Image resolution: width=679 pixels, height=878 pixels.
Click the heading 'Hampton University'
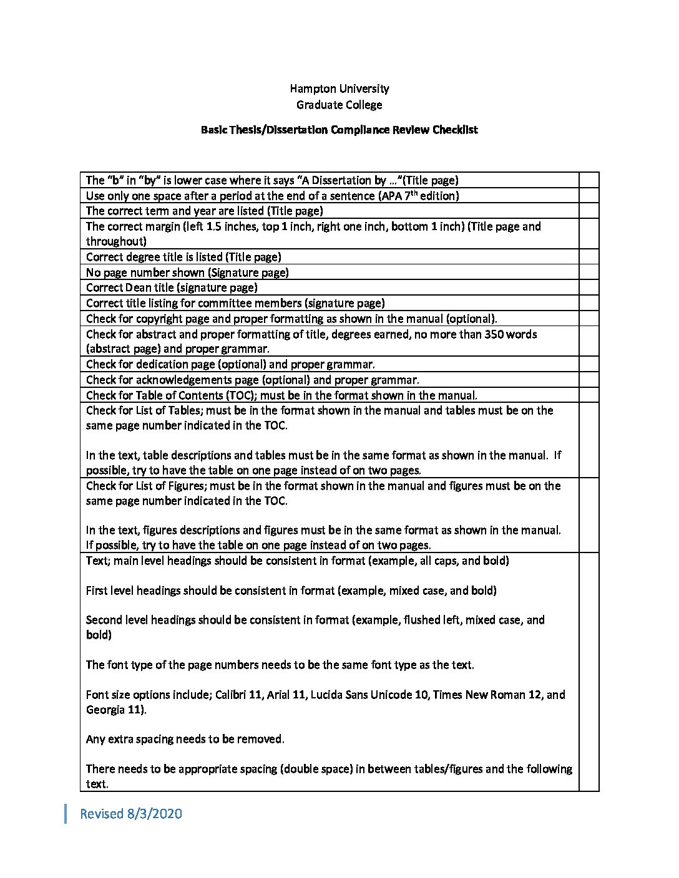click(x=339, y=89)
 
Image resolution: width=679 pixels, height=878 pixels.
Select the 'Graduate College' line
click(x=339, y=105)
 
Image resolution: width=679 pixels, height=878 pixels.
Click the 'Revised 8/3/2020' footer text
click(x=131, y=814)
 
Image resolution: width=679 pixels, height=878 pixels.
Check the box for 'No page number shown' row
click(x=589, y=273)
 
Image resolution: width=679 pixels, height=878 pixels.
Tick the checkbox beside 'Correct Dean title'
click(x=589, y=287)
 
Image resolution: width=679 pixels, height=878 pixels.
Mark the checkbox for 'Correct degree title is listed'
click(x=589, y=257)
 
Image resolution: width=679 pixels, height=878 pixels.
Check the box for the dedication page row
click(x=589, y=364)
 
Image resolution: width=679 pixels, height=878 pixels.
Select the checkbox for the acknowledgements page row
click(x=589, y=380)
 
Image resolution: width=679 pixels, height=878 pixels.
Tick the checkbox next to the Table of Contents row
click(x=589, y=395)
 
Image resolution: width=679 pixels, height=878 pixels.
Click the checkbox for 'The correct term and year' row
click(x=589, y=211)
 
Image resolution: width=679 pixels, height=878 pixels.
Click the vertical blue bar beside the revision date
click(x=66, y=814)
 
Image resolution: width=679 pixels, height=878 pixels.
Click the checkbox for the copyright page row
click(x=589, y=319)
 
